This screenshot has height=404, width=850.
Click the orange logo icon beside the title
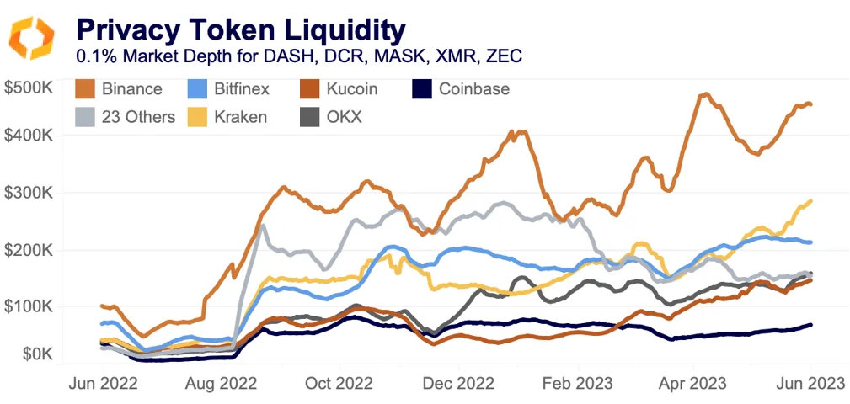pyautogui.click(x=32, y=37)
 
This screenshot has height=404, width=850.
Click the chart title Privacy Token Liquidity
pyautogui.click(x=240, y=29)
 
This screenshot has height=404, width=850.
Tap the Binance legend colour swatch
pyautogui.click(x=84, y=89)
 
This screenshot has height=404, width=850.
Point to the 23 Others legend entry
pyautogui.click(x=125, y=117)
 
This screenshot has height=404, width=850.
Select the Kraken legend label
pyautogui.click(x=238, y=117)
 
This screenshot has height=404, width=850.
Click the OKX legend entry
pyautogui.click(x=330, y=117)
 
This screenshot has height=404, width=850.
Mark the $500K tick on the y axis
pyautogui.click(x=29, y=87)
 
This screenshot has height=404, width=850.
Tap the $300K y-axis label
pyautogui.click(x=29, y=193)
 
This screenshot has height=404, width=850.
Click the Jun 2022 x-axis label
pyautogui.click(x=102, y=384)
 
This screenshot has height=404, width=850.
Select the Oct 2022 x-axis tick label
pyautogui.click(x=339, y=384)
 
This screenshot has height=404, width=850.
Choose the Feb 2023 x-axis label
pyautogui.click(x=574, y=384)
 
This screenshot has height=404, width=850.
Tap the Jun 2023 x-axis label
pyautogui.click(x=810, y=384)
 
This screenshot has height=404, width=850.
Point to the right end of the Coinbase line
pyautogui.click(x=811, y=325)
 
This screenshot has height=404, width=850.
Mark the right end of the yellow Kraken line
pyautogui.click(x=811, y=200)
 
